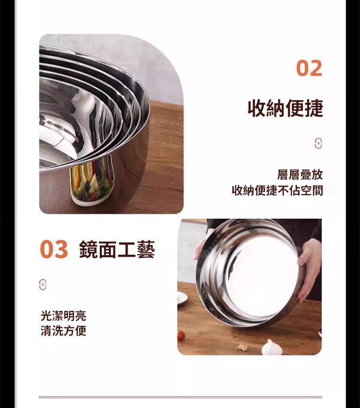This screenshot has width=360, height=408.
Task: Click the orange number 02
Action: coord(309,68)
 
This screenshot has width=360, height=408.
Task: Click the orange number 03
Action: coord(54,249)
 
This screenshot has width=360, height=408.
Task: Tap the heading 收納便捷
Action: coord(285,108)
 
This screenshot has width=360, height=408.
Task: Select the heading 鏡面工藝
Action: coord(117,249)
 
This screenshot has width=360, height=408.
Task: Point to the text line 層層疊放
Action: coord(300,174)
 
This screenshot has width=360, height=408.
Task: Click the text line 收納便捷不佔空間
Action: coord(277,190)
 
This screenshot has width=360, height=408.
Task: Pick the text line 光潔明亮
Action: coord(63,316)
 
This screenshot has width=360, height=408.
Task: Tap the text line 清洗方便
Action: coord(63,331)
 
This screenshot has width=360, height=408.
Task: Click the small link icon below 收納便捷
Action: coord(318,143)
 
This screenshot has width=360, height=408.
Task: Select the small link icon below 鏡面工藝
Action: coord(43,284)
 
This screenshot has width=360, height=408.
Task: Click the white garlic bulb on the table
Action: coord(272,347)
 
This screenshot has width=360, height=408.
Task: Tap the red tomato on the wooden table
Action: coord(181,335)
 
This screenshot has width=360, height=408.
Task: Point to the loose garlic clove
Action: coord(242,346)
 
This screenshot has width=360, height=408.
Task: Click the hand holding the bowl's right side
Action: coord(309,268)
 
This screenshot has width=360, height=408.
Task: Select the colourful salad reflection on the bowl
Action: coord(92,180)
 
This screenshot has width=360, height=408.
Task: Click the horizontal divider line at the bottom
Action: coord(180,397)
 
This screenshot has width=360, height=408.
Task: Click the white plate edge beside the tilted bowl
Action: coord(182,298)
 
